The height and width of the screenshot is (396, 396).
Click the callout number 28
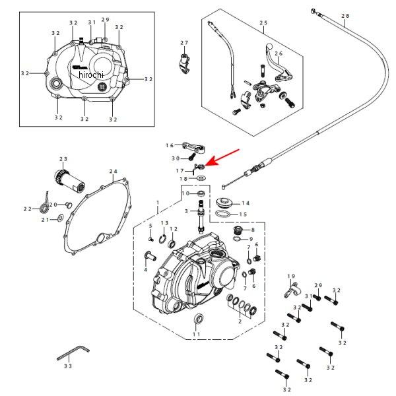pyautogui.click(x=346, y=15)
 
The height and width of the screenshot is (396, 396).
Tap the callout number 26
pyautogui.click(x=279, y=53)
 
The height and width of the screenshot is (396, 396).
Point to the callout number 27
pyautogui.click(x=185, y=43)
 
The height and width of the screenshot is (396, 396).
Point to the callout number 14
pyautogui.click(x=246, y=203)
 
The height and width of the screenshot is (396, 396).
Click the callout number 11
pyautogui.click(x=196, y=335)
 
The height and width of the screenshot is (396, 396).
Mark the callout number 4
pyautogui.click(x=145, y=269)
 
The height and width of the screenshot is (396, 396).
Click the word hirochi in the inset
pyautogui.click(x=91, y=75)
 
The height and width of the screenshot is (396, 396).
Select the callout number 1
pyautogui.click(x=158, y=203)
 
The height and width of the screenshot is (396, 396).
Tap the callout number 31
pyautogui.click(x=92, y=22)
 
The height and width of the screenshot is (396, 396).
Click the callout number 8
pyautogui.click(x=252, y=230)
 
